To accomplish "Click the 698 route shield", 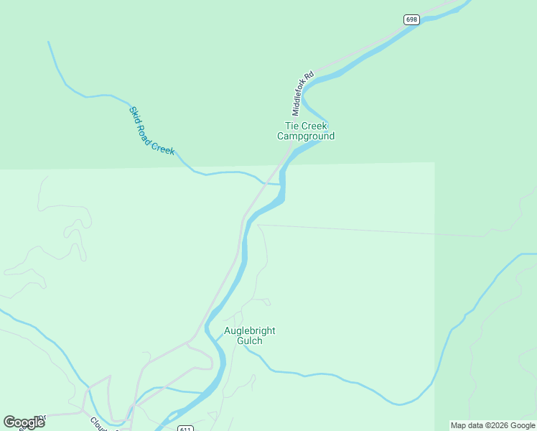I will [411, 19].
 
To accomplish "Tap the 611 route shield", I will [185, 428].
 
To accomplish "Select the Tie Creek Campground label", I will [306, 131].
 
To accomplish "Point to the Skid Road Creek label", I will [151, 131].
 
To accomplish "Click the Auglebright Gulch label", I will [250, 335].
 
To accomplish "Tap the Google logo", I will [24, 422].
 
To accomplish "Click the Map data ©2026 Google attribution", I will [492, 425].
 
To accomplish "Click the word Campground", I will [306, 136].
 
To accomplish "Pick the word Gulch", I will [250, 340].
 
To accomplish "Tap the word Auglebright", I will [250, 330].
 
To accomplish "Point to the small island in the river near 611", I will [172, 415].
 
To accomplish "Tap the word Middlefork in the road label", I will [301, 98].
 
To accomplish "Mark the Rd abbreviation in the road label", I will [310, 75].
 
